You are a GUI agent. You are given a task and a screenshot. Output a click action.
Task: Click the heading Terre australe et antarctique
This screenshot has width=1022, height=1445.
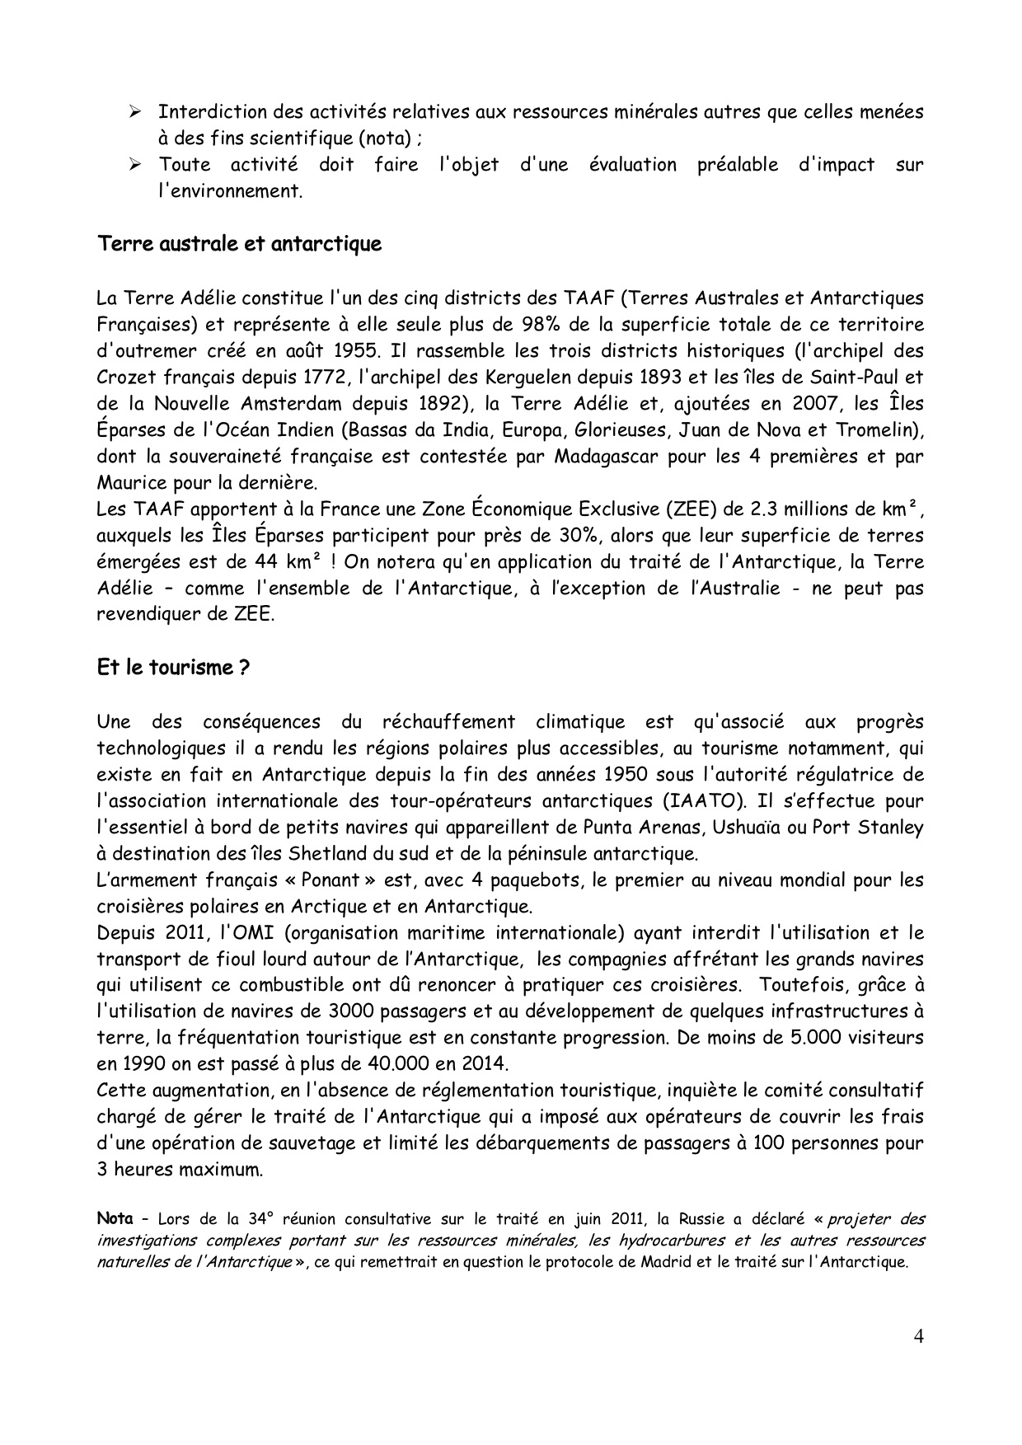[239, 245]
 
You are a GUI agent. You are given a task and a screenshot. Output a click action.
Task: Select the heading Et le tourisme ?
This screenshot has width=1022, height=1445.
[173, 668]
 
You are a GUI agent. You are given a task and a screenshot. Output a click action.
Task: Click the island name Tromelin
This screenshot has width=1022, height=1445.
[876, 430]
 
